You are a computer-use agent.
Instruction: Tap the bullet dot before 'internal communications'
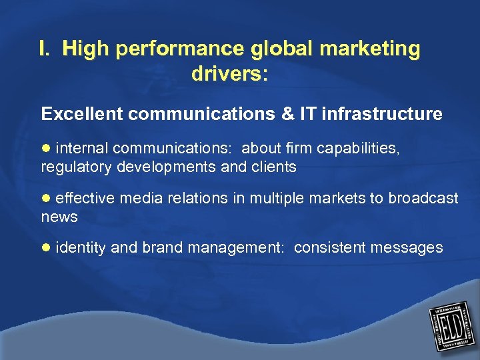[45, 147]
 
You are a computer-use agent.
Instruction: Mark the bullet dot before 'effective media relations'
[45, 198]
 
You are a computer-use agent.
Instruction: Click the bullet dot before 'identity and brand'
[45, 248]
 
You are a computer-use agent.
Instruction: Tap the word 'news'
[59, 217]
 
